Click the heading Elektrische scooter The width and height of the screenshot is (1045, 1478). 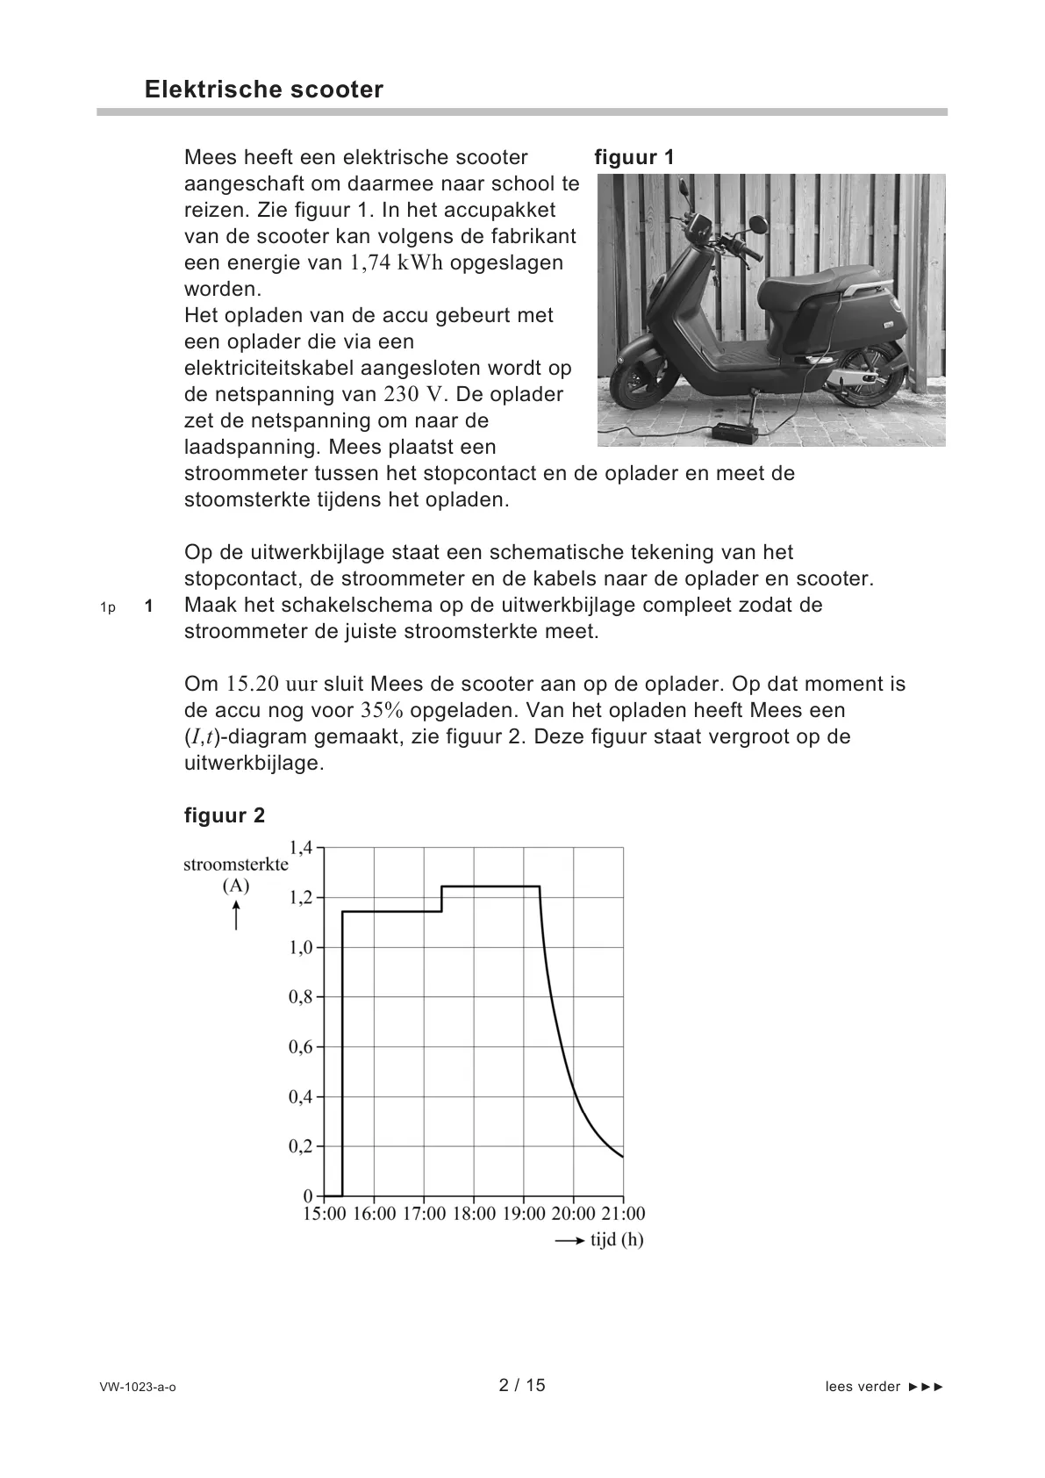263,90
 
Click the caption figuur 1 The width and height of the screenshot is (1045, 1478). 633,158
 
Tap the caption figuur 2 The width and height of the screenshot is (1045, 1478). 224,815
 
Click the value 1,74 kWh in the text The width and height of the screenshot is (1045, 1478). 396,263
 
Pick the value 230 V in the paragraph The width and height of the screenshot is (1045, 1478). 417,394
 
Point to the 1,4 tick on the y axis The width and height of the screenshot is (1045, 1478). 301,848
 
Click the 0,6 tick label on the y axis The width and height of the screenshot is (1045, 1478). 301,1047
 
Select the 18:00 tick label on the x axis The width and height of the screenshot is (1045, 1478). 474,1215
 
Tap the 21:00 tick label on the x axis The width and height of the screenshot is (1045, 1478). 623,1215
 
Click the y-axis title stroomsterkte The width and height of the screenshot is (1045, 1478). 235,865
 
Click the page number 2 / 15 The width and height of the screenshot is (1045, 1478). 522,1386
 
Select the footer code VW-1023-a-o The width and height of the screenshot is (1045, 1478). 138,1388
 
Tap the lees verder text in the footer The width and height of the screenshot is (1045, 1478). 862,1388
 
